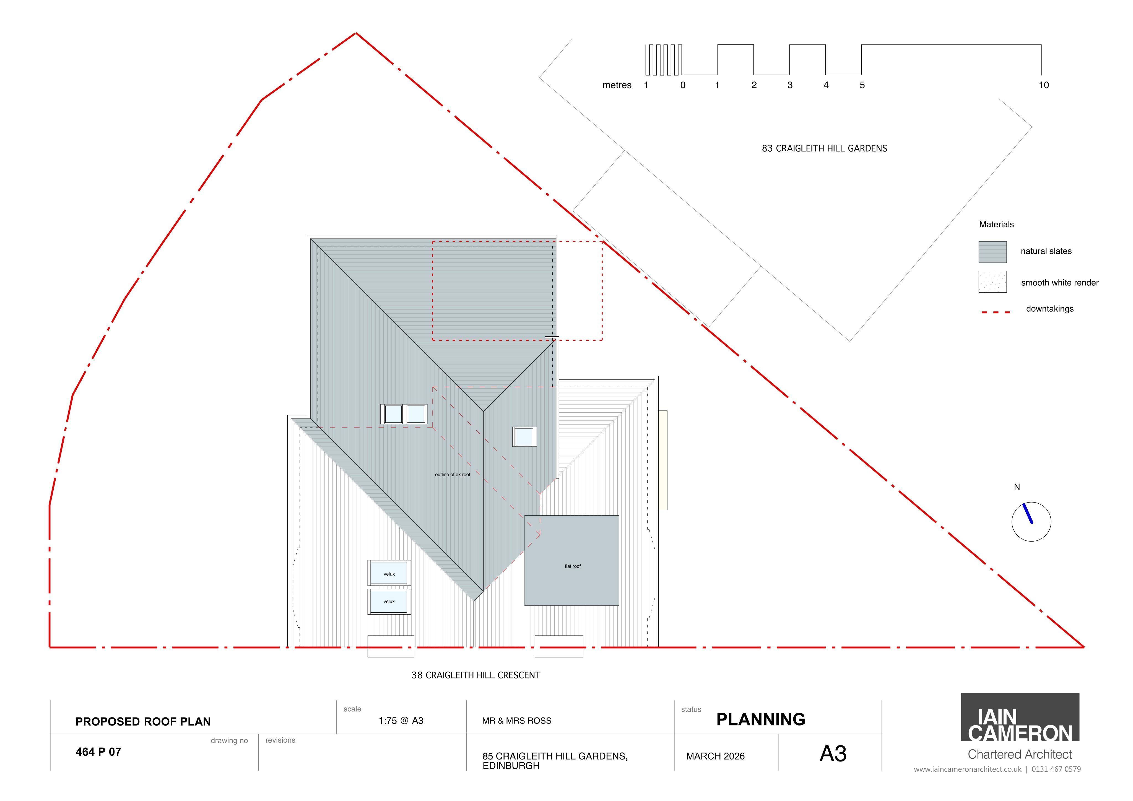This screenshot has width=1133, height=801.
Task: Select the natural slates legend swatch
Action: (992, 252)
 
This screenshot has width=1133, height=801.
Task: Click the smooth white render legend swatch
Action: (992, 282)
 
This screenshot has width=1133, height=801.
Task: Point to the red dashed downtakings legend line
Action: (996, 312)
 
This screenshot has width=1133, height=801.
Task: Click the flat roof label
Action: (572, 566)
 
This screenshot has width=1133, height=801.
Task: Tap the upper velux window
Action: (389, 573)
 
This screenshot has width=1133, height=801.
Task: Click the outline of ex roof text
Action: (453, 474)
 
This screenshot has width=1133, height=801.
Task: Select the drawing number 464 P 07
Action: (98, 752)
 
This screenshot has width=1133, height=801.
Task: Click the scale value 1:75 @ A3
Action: (401, 721)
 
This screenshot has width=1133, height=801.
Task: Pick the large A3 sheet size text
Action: (833, 754)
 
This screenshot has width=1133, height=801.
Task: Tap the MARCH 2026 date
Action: (715, 756)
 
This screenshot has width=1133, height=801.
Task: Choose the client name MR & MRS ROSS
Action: (517, 721)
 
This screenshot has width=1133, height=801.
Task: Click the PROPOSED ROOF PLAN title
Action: (143, 722)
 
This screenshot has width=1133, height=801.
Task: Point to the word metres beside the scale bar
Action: (617, 85)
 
